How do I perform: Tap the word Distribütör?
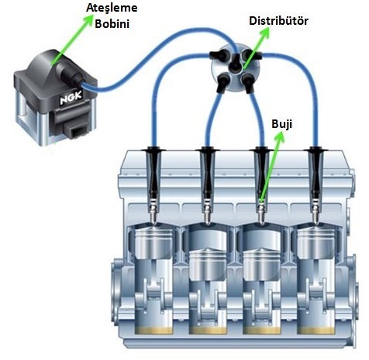pos(278,21)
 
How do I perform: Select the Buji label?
pos(281,124)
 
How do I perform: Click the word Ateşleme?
pos(112,8)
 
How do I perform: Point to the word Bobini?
pos(112,24)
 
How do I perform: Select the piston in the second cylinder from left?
pos(208,263)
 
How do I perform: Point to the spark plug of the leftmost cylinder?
pos(153,211)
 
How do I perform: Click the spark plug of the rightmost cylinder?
pos(316,211)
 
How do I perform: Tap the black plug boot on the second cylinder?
pos(207,172)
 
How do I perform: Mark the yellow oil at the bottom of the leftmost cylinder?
pos(153,330)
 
